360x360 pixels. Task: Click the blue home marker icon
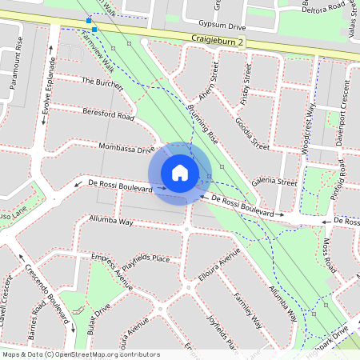[180, 173]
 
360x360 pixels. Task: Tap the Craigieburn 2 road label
[217, 40]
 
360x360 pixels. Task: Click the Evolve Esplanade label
[47, 88]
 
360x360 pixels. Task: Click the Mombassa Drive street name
[126, 148]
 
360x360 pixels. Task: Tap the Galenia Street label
[274, 182]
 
